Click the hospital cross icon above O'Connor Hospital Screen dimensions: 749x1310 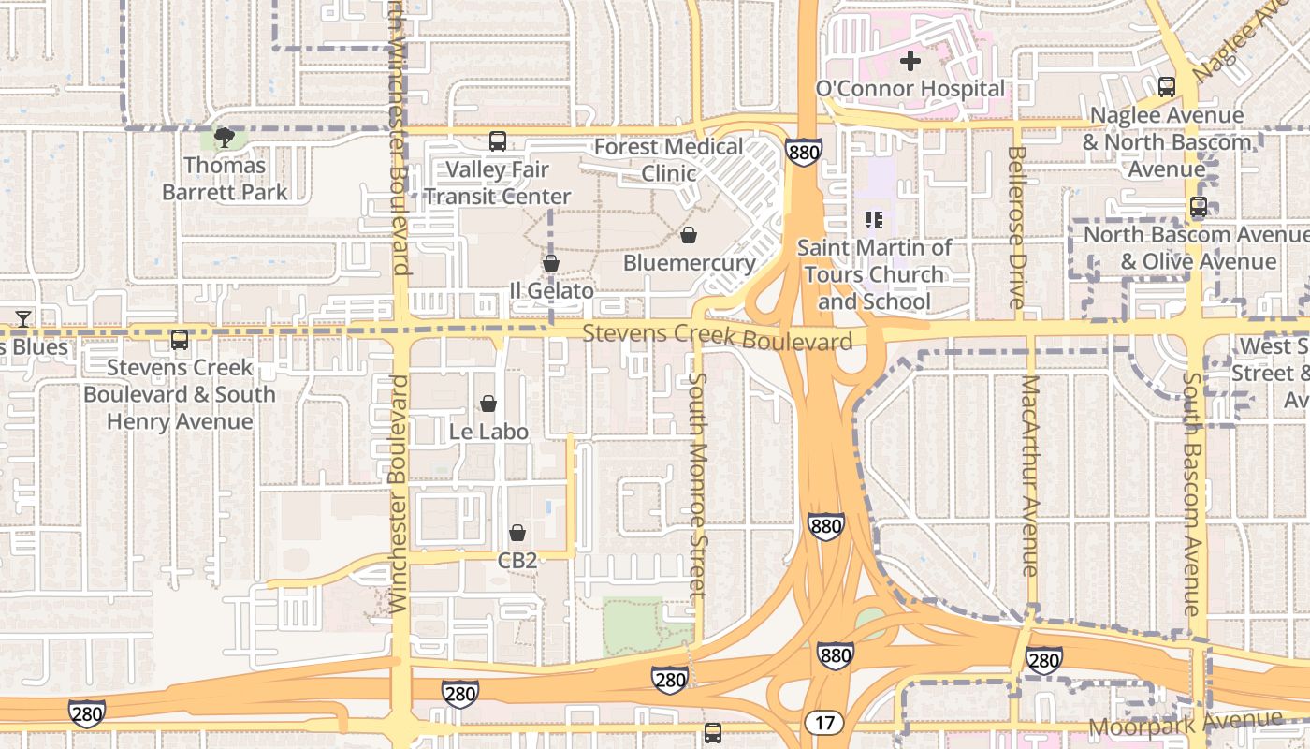click(910, 62)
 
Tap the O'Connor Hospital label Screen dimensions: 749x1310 click(910, 89)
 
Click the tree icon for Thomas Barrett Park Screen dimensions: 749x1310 click(224, 139)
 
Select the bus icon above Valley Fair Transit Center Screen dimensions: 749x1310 click(497, 142)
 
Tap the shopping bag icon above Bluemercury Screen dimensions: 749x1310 click(689, 235)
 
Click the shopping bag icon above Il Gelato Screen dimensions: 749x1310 click(551, 264)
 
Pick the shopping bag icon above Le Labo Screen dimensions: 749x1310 click(488, 404)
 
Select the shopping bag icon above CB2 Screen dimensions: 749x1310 click(517, 534)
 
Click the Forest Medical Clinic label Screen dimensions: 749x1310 click(668, 159)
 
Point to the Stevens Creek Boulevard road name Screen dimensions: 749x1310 click(717, 336)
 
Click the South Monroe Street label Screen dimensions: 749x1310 click(697, 484)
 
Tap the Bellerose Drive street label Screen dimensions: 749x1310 click(1017, 227)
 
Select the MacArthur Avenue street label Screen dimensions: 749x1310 click(1030, 476)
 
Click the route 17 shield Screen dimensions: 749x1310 click(823, 723)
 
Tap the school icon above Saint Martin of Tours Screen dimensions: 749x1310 click(874, 221)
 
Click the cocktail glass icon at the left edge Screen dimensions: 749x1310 click(23, 318)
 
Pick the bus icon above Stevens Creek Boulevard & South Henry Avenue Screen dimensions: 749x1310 click(180, 340)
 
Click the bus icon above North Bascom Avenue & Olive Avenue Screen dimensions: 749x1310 click(1198, 208)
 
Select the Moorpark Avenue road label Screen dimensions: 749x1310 click(1185, 724)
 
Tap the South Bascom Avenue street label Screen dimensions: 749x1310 click(1191, 493)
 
